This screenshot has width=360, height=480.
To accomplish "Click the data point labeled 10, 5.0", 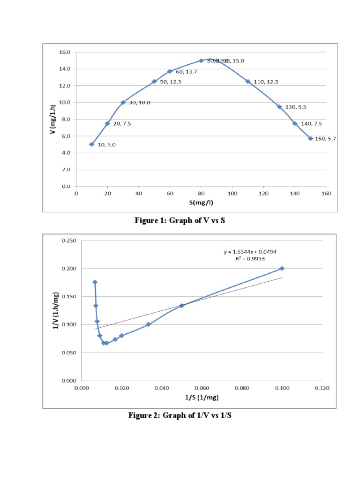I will tap(91, 144).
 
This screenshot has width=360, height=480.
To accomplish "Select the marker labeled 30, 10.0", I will tap(123, 103).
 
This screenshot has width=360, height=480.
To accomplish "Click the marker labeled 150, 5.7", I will tap(310, 138).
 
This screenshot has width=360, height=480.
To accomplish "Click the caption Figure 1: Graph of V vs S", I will tap(180, 220).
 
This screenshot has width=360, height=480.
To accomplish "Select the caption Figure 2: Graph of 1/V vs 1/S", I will tap(180, 415).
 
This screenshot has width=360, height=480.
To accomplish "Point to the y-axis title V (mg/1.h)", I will tap(54, 119).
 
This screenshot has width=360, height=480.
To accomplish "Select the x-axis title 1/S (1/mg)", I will tap(202, 397).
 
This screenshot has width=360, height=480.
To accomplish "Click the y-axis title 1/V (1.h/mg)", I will tap(56, 311).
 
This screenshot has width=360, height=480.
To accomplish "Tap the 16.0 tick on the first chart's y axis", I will tap(64, 52).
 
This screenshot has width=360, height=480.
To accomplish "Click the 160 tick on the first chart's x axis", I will tap(326, 193).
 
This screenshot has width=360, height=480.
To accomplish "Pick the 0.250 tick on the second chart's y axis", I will tap(68, 240).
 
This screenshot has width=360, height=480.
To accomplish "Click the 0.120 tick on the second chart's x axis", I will tap(322, 388).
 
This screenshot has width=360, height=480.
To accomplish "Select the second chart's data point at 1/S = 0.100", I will tap(282, 269).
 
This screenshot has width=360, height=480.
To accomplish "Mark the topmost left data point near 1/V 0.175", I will tap(95, 282).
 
